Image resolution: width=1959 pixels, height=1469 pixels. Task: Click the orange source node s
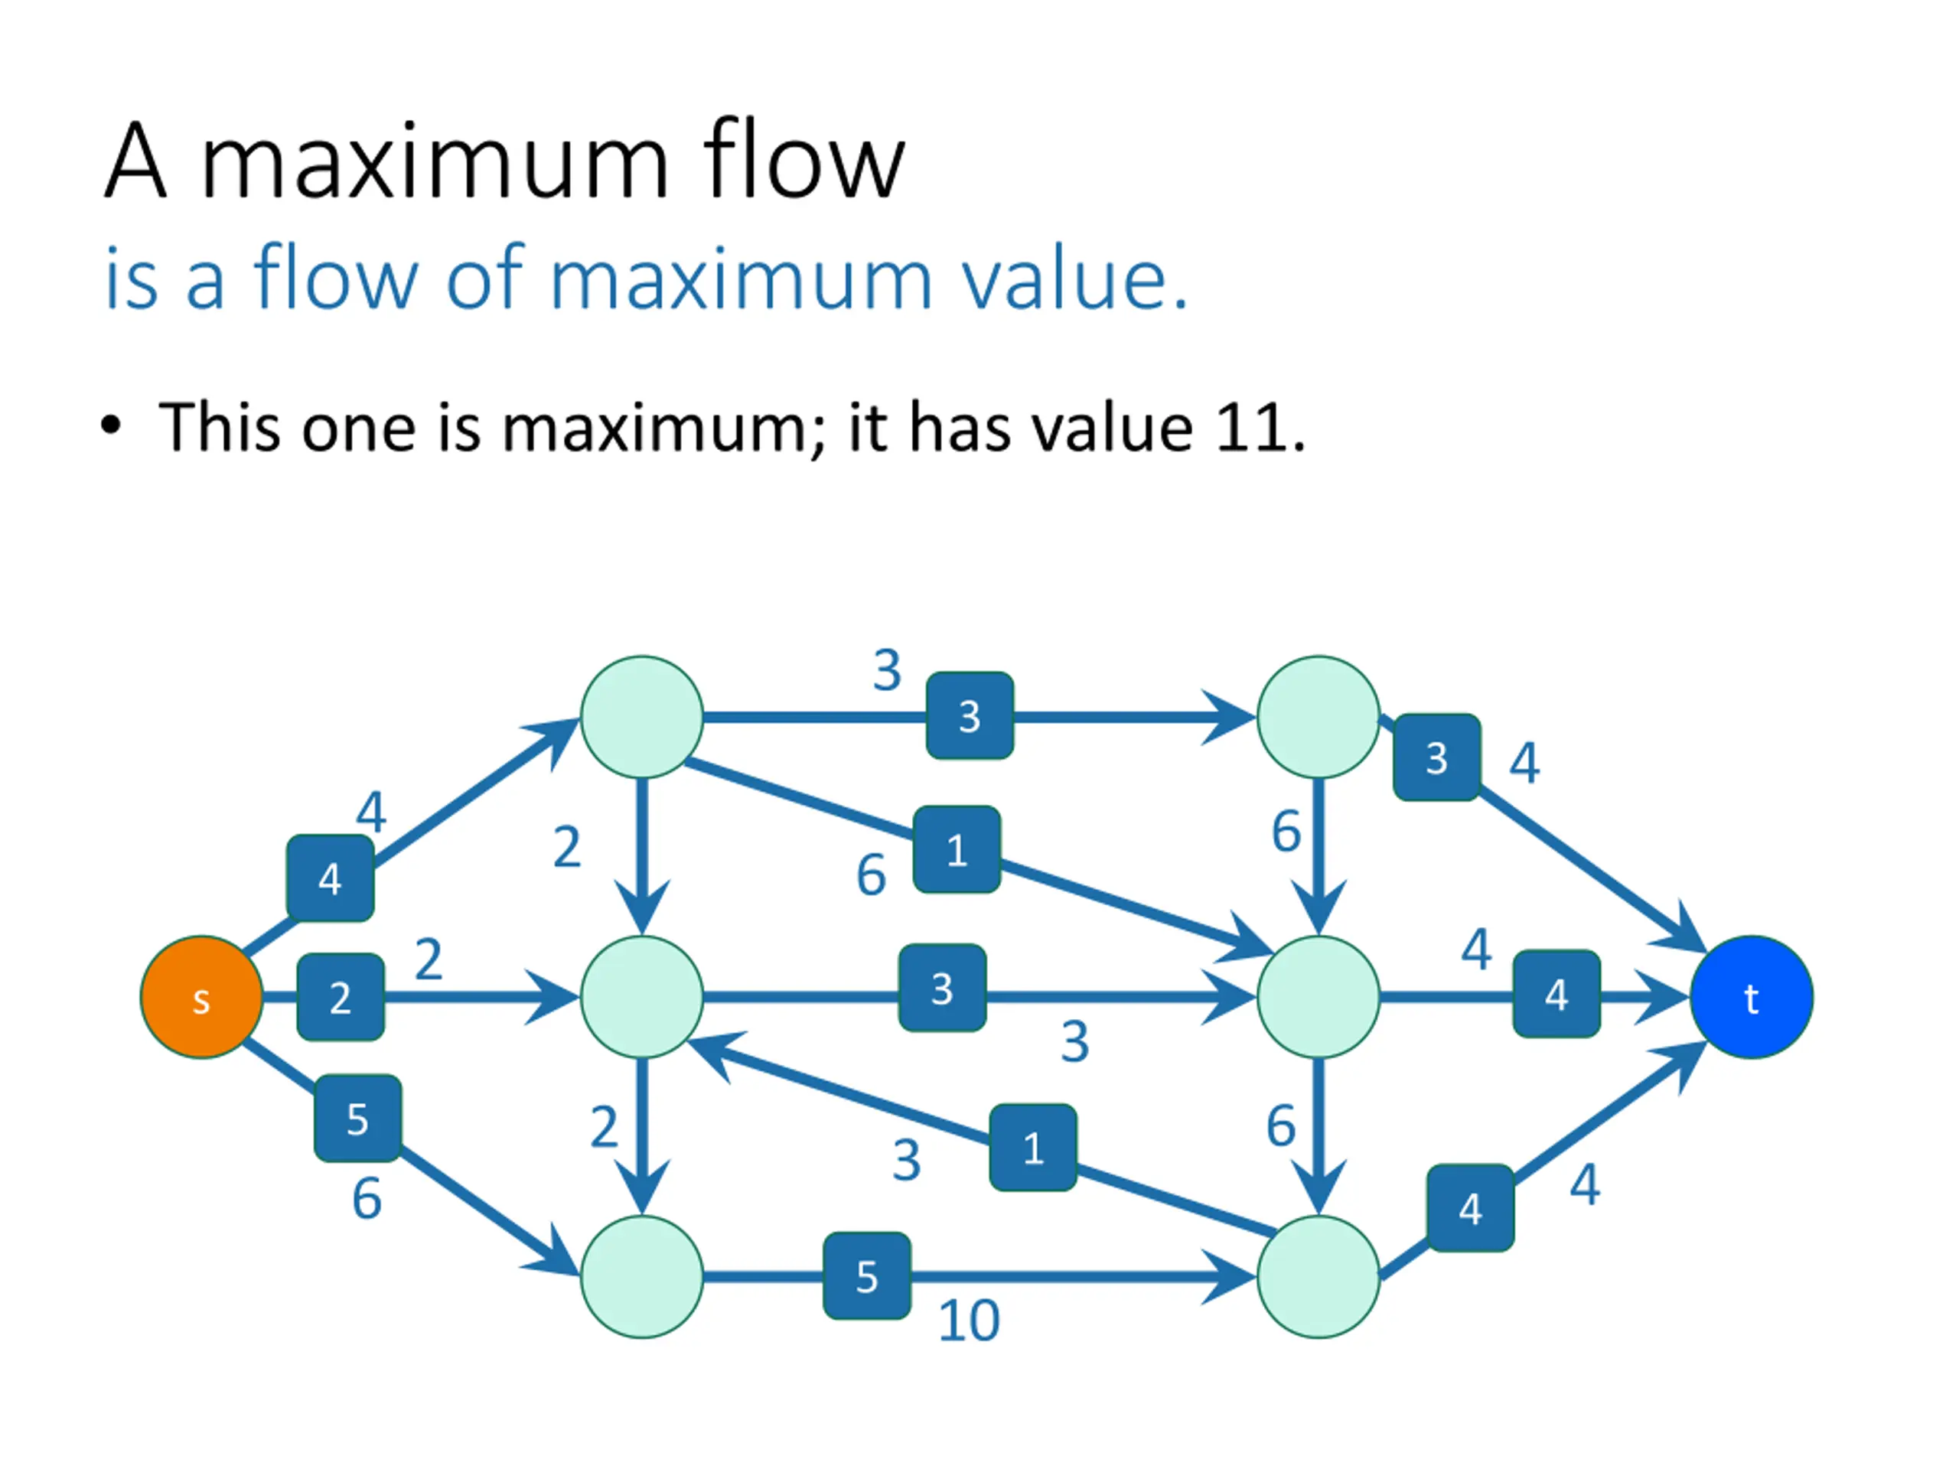click(x=202, y=997)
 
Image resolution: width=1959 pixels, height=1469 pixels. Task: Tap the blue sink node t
click(x=1751, y=997)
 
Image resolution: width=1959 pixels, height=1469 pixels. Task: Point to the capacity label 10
click(x=969, y=1321)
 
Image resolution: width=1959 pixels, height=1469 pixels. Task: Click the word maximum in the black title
click(x=435, y=163)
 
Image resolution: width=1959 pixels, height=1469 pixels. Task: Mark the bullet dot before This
click(x=111, y=426)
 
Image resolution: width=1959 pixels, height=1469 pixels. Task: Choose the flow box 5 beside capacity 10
click(x=867, y=1276)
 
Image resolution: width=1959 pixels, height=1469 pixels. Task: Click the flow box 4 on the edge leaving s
click(x=330, y=878)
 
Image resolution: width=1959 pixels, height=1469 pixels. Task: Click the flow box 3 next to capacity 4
click(x=1436, y=758)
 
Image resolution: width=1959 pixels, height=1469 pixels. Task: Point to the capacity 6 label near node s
click(x=367, y=1200)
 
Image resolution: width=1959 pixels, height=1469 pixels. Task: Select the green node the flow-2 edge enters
click(x=642, y=997)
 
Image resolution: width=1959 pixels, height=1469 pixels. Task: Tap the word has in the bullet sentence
click(x=960, y=427)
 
